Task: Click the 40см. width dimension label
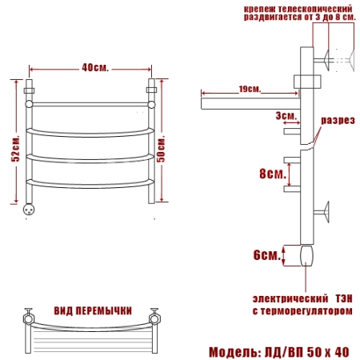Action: pyautogui.click(x=95, y=68)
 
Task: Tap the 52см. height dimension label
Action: pyautogui.click(x=15, y=148)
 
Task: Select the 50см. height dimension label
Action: pyautogui.click(x=161, y=149)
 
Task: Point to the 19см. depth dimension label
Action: pyautogui.click(x=250, y=89)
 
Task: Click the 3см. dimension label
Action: pyautogui.click(x=286, y=116)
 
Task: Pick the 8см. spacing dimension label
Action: pyautogui.click(x=273, y=174)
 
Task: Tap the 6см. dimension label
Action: pyautogui.click(x=267, y=255)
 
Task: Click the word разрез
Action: pyautogui.click(x=338, y=121)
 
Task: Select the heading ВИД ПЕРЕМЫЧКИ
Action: pyautogui.click(x=93, y=310)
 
